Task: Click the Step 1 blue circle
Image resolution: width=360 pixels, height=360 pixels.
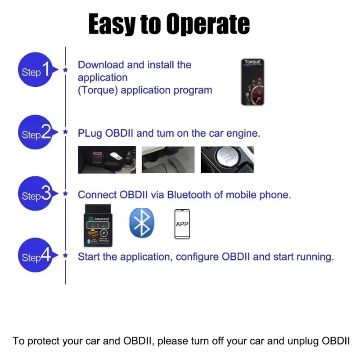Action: pos(36,71)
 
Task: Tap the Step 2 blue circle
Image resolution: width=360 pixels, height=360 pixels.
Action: pos(36,133)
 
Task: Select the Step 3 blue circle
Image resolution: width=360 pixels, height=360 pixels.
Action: pos(36,195)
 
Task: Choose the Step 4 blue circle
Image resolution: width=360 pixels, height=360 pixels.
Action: pos(36,256)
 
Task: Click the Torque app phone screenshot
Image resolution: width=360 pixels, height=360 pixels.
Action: pos(252,82)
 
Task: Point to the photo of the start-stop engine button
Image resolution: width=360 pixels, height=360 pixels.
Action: pos(227,160)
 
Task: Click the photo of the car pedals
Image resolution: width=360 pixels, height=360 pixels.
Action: pos(168,160)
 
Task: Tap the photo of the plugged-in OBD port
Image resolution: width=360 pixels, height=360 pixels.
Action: pos(107,160)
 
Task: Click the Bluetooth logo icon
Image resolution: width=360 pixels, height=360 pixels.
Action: pos(142,223)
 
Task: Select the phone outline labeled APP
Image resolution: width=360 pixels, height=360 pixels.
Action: pos(182,224)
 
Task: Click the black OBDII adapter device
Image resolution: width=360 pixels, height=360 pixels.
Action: pos(99,225)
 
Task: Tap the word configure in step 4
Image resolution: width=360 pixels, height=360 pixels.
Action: pos(197,257)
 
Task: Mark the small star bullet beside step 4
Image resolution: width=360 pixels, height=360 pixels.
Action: pos(66,256)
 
